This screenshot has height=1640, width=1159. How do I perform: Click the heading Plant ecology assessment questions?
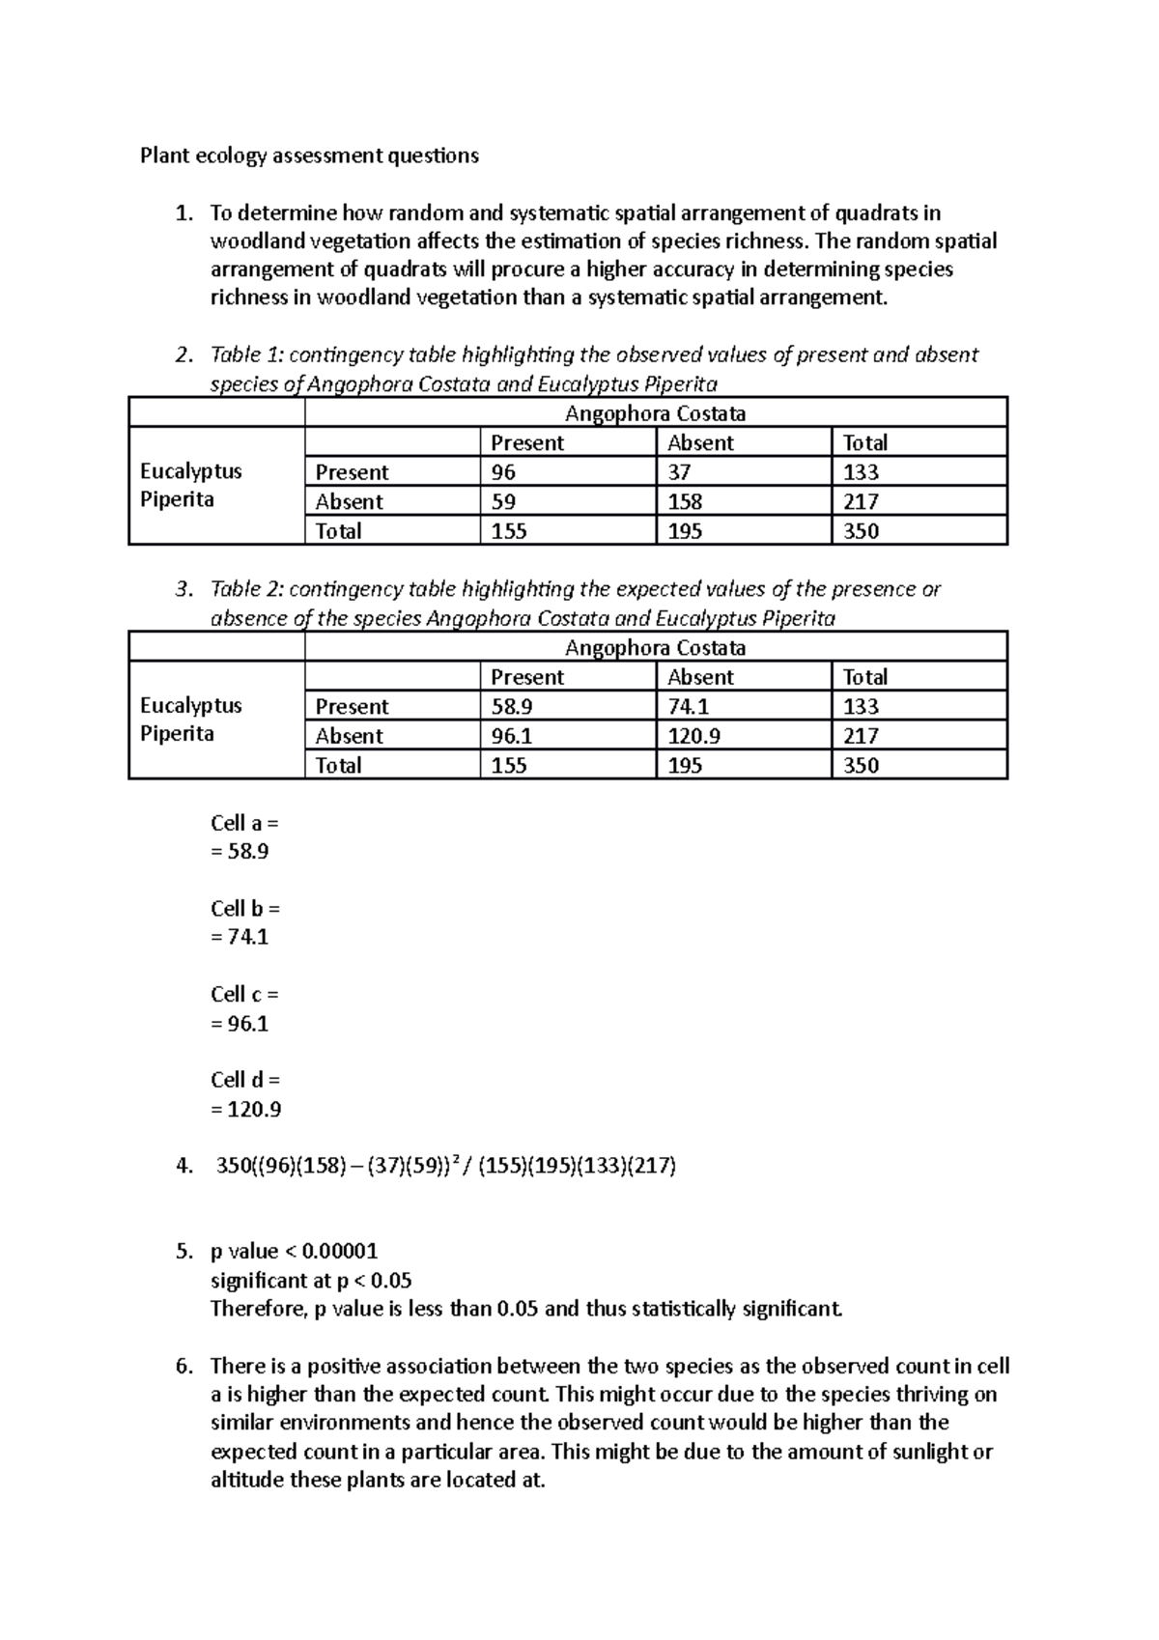coord(309,156)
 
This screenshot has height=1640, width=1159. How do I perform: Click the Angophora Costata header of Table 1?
coord(655,413)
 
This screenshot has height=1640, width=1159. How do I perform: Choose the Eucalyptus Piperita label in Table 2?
coord(190,720)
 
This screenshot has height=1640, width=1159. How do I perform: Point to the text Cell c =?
coord(244,994)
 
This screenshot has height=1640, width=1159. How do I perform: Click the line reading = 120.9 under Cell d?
coord(245,1109)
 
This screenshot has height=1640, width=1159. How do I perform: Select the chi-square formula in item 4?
coord(445,1166)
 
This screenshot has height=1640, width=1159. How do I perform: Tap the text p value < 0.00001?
coord(294,1252)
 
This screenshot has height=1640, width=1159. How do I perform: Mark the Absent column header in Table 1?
coord(700,443)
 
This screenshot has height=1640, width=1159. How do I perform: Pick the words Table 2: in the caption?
coord(246,589)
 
